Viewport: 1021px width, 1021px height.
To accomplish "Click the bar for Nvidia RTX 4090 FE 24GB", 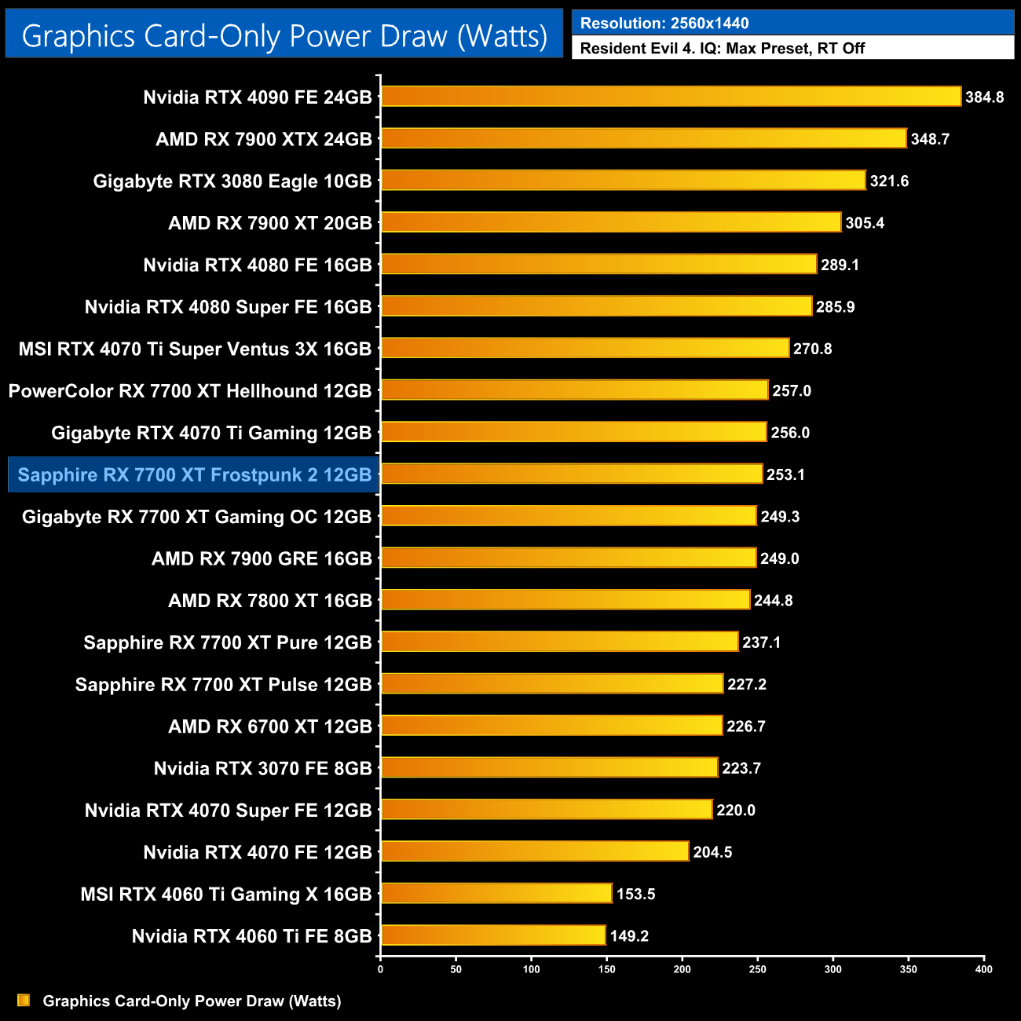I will (x=671, y=97).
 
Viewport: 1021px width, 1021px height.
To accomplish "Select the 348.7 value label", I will (x=930, y=139).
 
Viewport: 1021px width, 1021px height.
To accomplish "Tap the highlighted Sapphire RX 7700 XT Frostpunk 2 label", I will (x=194, y=475).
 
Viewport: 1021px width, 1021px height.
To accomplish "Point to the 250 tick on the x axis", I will (x=758, y=969).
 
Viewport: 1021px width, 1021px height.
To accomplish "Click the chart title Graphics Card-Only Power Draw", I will (x=284, y=36).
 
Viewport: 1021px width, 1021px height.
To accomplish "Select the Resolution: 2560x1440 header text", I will (x=664, y=24).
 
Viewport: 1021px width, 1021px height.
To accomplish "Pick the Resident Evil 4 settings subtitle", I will (x=723, y=49).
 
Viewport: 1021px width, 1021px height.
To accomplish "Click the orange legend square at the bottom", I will (x=24, y=1001).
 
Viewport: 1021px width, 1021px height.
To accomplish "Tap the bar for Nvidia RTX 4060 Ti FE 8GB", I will (x=493, y=935).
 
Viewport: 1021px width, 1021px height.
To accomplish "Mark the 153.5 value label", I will (x=635, y=894).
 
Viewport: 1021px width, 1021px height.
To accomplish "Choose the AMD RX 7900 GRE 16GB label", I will (x=262, y=558).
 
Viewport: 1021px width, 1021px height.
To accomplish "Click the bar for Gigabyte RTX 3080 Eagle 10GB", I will (x=623, y=181).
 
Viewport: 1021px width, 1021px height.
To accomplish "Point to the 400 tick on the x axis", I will (x=983, y=969).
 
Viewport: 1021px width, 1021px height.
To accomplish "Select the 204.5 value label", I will (x=712, y=852).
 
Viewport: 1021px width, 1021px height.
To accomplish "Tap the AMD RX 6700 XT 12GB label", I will (x=269, y=726).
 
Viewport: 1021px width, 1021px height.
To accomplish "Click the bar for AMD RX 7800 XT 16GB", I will (x=565, y=600).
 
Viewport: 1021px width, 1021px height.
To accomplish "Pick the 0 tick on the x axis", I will (x=380, y=969).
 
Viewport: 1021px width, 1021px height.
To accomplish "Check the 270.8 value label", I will (x=812, y=349).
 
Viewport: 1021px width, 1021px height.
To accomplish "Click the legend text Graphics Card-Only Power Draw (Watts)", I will (x=192, y=1001).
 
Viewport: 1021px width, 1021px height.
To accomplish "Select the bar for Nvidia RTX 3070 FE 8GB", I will (x=549, y=768).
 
